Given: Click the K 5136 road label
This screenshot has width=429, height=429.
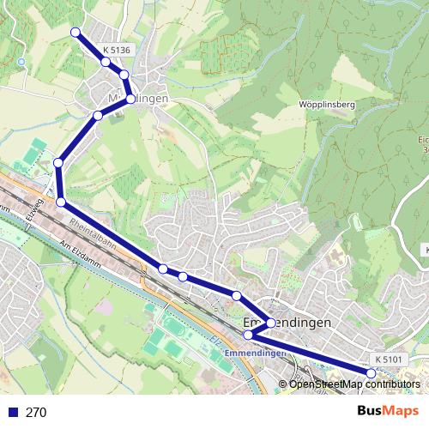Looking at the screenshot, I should coord(116,51).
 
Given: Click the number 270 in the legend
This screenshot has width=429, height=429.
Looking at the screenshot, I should coord(36,413).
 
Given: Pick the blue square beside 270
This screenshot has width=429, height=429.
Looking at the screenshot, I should coord(12,413).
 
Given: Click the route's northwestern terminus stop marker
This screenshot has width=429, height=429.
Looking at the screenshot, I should coord(75,33).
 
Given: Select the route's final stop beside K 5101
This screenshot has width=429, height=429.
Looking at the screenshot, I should coord(371,373).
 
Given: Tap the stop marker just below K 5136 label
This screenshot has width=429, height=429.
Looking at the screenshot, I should coord(106,62).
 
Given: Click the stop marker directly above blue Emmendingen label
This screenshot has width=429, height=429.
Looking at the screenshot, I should coord(249,335).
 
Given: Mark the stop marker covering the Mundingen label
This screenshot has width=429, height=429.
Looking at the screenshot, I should coord(130,100).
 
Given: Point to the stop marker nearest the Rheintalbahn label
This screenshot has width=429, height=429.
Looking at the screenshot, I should coord(61,202).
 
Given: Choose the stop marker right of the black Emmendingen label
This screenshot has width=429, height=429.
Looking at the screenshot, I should coord(270,323).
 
